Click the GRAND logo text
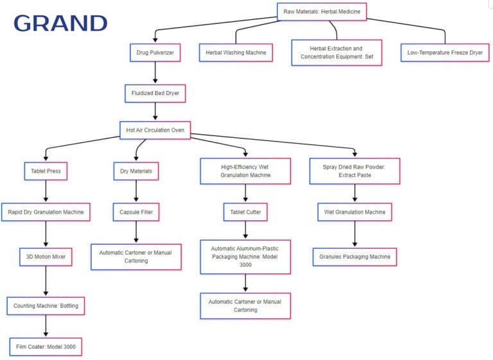[60, 23]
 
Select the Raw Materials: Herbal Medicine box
[322, 12]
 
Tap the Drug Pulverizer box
[155, 53]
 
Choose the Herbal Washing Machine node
[236, 53]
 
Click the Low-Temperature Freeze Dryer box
[444, 53]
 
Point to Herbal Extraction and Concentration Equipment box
[336, 53]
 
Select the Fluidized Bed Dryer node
[155, 93]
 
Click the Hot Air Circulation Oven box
[155, 130]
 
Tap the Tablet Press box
[46, 171]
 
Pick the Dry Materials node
[135, 171]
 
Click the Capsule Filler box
[135, 211]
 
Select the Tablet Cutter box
[245, 211]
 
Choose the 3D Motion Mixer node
[46, 257]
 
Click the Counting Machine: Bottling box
[46, 305]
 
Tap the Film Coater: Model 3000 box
[46, 347]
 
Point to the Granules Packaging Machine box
[354, 257]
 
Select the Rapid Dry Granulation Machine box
[46, 211]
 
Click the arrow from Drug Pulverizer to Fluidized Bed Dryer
[155, 73]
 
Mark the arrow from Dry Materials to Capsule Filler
[135, 191]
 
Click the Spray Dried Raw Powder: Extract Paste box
[354, 171]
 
